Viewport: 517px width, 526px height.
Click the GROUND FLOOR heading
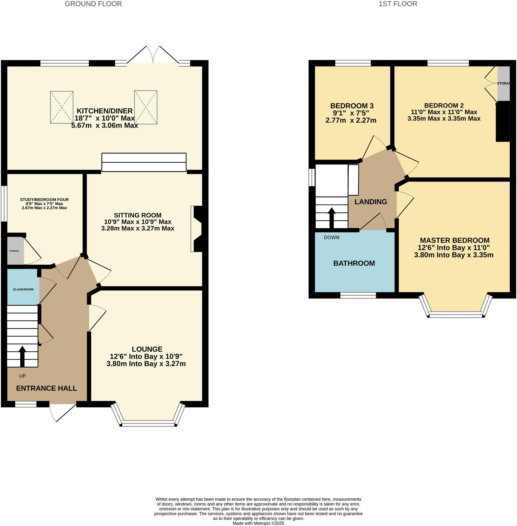tap(93, 4)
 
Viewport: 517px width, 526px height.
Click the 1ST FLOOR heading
tap(398, 4)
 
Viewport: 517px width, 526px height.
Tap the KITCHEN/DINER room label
tap(105, 111)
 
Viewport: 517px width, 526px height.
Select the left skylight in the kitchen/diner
tap(62, 107)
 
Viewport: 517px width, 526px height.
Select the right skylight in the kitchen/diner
tap(146, 107)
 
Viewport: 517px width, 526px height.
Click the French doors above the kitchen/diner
tap(153, 55)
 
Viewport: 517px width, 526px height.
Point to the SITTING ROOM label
tap(138, 215)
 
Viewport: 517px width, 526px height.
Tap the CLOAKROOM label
tap(23, 289)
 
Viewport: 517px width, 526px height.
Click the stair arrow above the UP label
tap(22, 356)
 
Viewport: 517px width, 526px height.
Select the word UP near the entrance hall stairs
tap(22, 376)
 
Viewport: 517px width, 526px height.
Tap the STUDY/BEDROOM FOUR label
tap(44, 200)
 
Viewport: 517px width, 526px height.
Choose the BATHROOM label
tap(354, 263)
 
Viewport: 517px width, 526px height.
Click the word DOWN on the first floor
tap(331, 238)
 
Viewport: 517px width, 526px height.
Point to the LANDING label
tap(371, 202)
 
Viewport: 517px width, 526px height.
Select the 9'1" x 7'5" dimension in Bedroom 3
tap(351, 113)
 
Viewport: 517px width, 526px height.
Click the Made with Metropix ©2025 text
tap(258, 523)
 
